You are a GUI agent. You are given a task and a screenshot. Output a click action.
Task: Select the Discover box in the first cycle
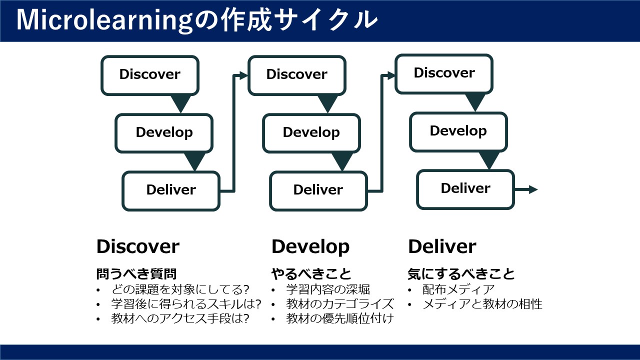tap(150, 75)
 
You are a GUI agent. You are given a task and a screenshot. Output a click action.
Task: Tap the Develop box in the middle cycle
tap(311, 133)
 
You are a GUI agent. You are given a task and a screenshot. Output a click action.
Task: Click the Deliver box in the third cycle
tap(465, 189)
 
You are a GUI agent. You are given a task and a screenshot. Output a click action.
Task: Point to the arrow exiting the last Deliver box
tap(526, 189)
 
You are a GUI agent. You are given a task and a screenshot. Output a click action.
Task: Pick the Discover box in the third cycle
tap(444, 74)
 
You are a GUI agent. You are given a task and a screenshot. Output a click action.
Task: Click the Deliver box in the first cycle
tap(171, 191)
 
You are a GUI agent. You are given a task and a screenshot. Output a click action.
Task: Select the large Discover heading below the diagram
tap(138, 246)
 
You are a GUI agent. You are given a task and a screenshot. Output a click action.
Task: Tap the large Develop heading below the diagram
tap(310, 247)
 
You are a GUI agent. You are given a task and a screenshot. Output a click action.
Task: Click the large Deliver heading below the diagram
tap(442, 246)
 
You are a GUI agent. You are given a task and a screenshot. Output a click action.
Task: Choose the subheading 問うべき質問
tap(136, 273)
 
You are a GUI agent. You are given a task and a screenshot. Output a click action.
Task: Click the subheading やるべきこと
tap(311, 273)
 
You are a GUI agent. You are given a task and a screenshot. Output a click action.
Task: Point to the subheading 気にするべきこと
tap(461, 273)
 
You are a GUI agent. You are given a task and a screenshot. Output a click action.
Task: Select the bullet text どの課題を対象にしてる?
tap(180, 289)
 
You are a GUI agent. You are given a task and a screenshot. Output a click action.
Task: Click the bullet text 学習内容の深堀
tap(328, 289)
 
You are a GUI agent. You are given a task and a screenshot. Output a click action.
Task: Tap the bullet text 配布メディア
tap(458, 289)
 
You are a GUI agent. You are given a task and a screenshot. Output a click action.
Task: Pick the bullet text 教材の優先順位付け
tap(340, 318)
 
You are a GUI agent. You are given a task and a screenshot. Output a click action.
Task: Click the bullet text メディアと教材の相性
tap(482, 304)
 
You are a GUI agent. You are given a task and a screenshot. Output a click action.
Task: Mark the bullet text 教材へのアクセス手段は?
tap(180, 318)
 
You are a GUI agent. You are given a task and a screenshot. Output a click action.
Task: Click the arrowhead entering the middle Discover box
tap(243, 75)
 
